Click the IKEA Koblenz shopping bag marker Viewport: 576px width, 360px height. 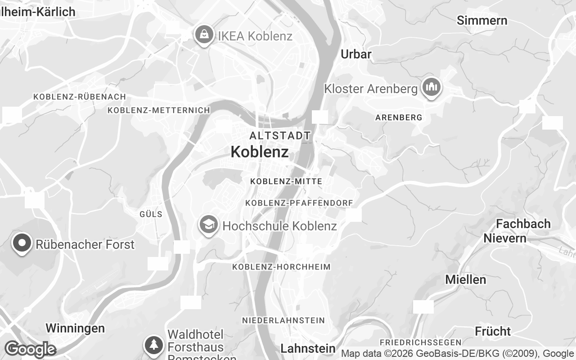204,34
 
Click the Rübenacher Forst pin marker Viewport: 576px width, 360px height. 22,243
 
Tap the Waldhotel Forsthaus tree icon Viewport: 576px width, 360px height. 154,345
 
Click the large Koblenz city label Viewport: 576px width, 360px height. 260,152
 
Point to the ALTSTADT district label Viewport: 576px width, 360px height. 280,135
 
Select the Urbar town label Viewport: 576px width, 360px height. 356,54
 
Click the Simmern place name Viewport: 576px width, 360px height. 482,20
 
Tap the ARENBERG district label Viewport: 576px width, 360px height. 399,117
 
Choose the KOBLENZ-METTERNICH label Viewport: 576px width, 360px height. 159,110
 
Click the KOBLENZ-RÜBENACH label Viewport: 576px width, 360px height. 80,97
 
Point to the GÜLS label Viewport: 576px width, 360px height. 151,214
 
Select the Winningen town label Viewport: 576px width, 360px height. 75,328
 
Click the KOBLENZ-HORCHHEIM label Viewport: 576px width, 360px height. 281,267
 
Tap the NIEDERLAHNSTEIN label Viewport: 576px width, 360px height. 283,320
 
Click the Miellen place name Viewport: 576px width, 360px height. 466,279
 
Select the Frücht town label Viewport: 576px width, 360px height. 493,332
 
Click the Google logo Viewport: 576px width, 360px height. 30,349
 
